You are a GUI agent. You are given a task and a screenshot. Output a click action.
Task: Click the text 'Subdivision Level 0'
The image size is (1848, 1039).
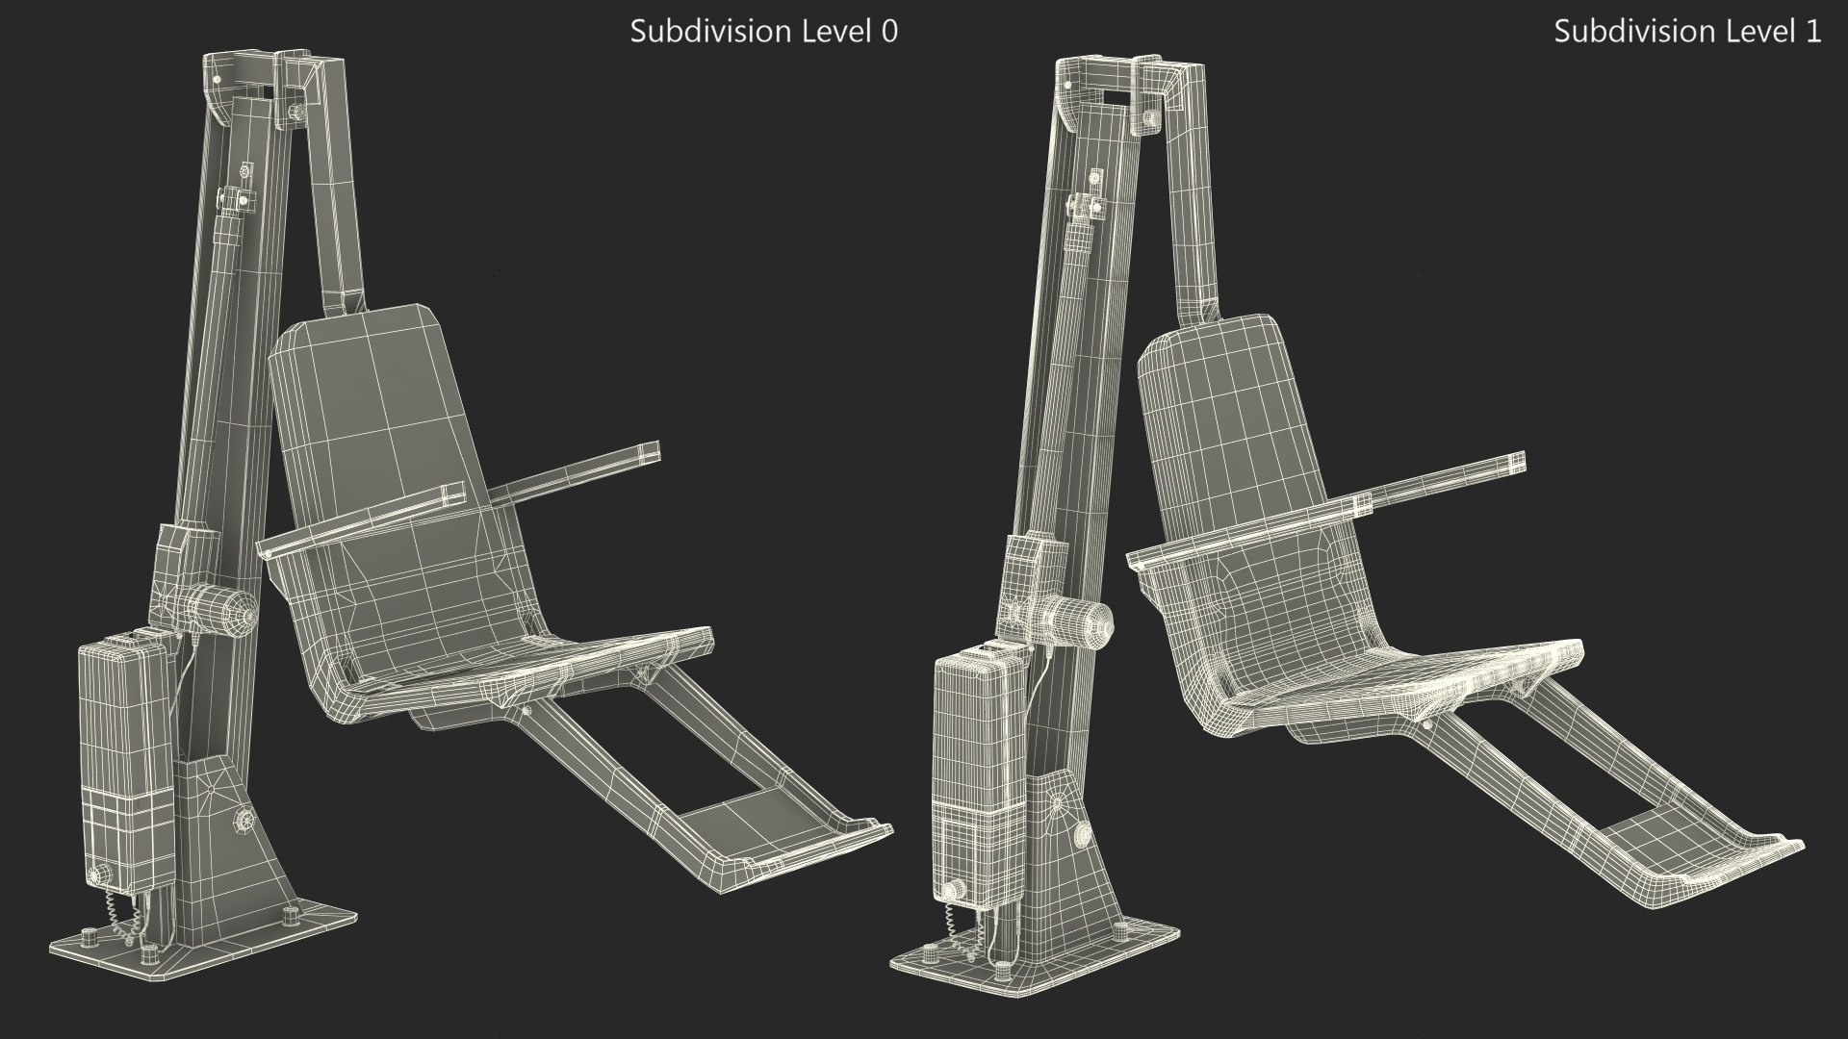(x=763, y=32)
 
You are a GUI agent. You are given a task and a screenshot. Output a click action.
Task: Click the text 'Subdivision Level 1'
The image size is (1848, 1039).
(x=1686, y=32)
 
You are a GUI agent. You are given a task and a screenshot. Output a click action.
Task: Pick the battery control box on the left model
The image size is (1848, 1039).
(x=125, y=750)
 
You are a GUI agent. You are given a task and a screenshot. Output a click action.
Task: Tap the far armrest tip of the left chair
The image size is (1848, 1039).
(x=651, y=451)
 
